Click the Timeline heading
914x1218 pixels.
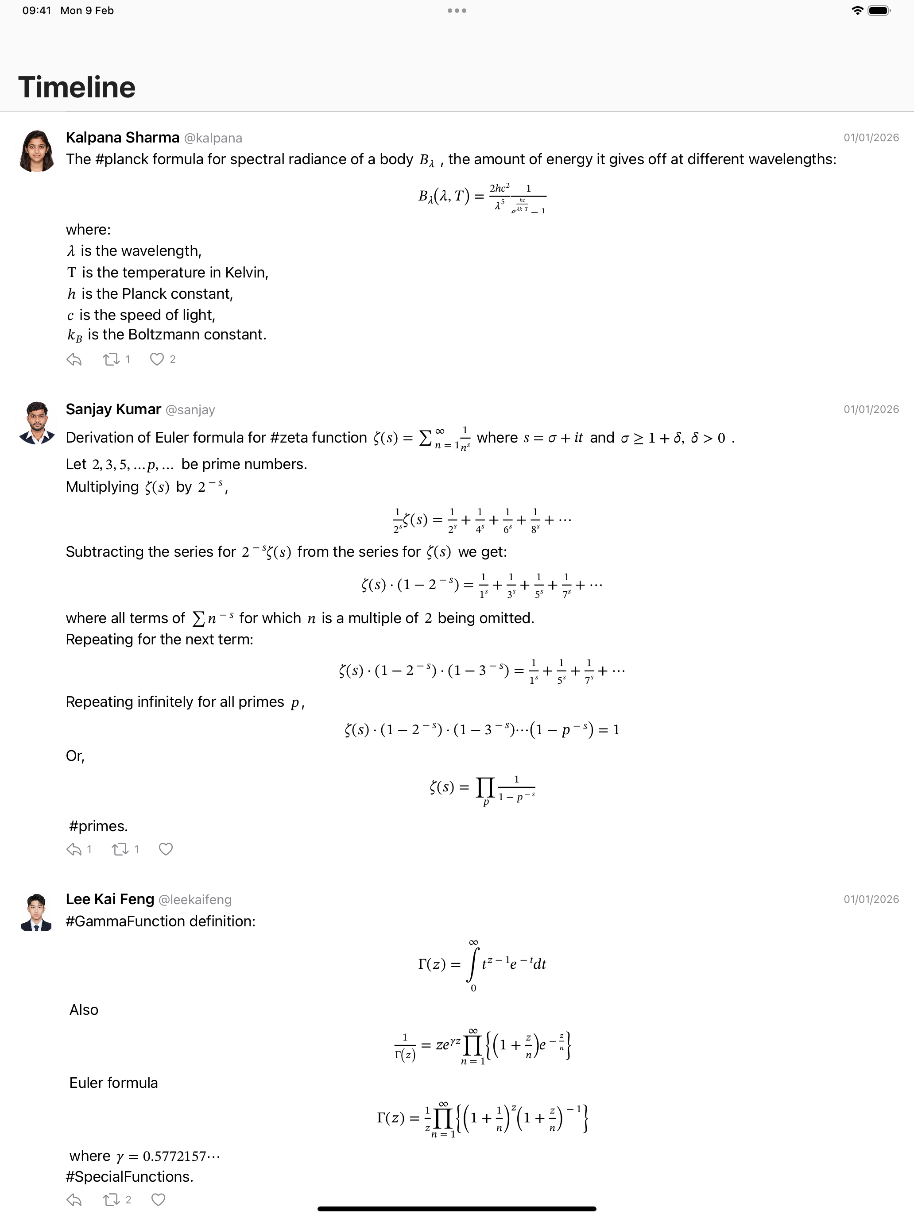coord(77,88)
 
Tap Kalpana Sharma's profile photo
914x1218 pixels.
coord(37,151)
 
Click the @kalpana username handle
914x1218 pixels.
coord(213,138)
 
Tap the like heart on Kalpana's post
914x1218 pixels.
coord(157,359)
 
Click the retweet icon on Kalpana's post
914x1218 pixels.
coord(111,359)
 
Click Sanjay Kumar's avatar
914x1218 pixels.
coord(37,423)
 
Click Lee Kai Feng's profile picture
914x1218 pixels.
coord(37,913)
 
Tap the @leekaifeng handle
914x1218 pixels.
coord(195,900)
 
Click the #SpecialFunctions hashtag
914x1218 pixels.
coord(129,1177)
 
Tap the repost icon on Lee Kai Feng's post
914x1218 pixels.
coord(111,1200)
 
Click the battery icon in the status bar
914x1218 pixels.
coord(878,11)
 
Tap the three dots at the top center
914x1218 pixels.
coord(457,11)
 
